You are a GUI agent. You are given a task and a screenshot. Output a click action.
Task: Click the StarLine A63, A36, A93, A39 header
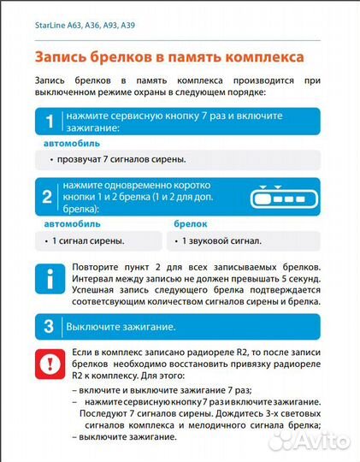click(x=85, y=26)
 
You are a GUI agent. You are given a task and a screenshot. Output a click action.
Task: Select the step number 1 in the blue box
click(x=50, y=121)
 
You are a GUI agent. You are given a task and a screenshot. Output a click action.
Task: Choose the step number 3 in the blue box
click(x=49, y=326)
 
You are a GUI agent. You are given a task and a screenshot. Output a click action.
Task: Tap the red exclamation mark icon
click(x=49, y=362)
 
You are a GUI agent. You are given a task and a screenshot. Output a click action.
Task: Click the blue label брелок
click(x=180, y=223)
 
